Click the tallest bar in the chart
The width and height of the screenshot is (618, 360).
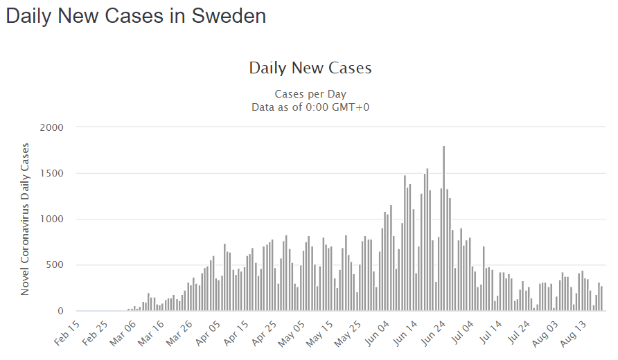[x=443, y=228]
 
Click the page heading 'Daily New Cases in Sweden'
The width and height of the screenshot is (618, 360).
[x=136, y=16]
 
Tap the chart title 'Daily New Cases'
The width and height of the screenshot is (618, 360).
[x=310, y=68]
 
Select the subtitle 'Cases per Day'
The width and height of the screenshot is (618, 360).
[x=310, y=94]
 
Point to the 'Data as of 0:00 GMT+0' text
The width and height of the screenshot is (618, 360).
[x=310, y=107]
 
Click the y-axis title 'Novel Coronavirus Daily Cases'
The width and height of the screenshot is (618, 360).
[x=25, y=219]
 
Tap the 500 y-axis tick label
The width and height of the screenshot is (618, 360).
[x=53, y=265]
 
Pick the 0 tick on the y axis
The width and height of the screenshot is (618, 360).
[x=60, y=311]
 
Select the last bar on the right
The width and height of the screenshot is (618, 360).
[x=602, y=299]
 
